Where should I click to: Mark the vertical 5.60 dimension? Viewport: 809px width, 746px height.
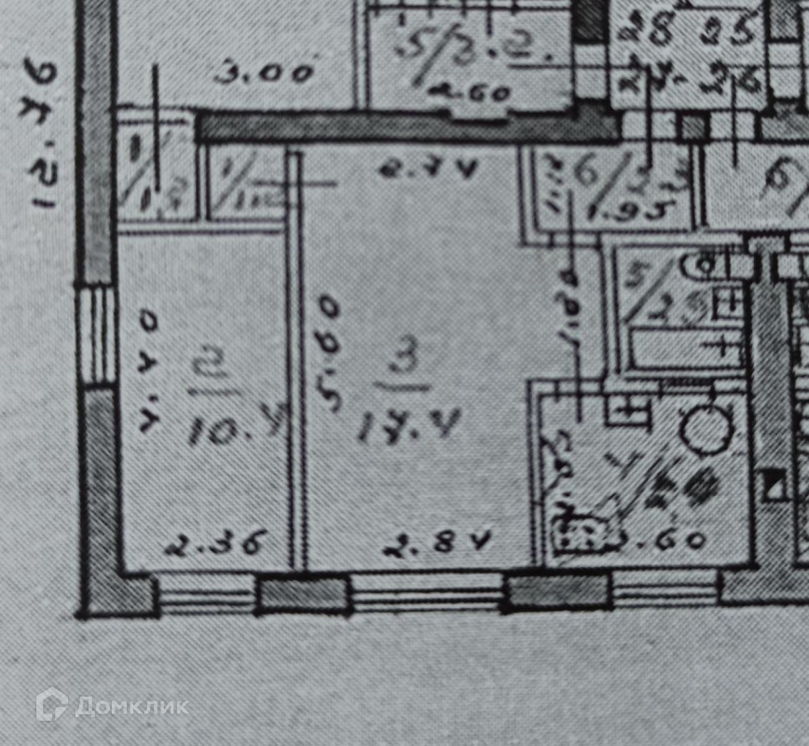click(x=328, y=355)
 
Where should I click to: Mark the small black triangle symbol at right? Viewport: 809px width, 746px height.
click(x=774, y=484)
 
